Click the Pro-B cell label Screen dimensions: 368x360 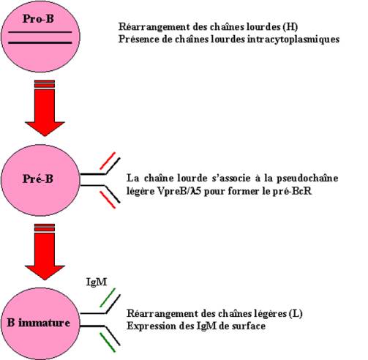coord(38,19)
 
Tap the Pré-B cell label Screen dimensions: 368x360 coord(38,179)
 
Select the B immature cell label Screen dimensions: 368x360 coord(38,323)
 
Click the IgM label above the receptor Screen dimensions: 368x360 coord(97,282)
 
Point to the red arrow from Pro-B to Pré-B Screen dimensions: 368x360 coord(45,108)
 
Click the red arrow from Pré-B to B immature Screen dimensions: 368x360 coord(45,252)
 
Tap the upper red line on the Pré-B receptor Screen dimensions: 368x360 coord(108,161)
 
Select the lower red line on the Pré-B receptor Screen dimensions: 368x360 coord(108,200)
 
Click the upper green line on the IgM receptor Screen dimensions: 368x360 coord(108,298)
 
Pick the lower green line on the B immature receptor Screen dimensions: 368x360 coord(108,342)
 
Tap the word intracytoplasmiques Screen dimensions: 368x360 coord(293,40)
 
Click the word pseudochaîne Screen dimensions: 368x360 coord(307,179)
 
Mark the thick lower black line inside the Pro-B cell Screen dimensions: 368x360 coord(40,43)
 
